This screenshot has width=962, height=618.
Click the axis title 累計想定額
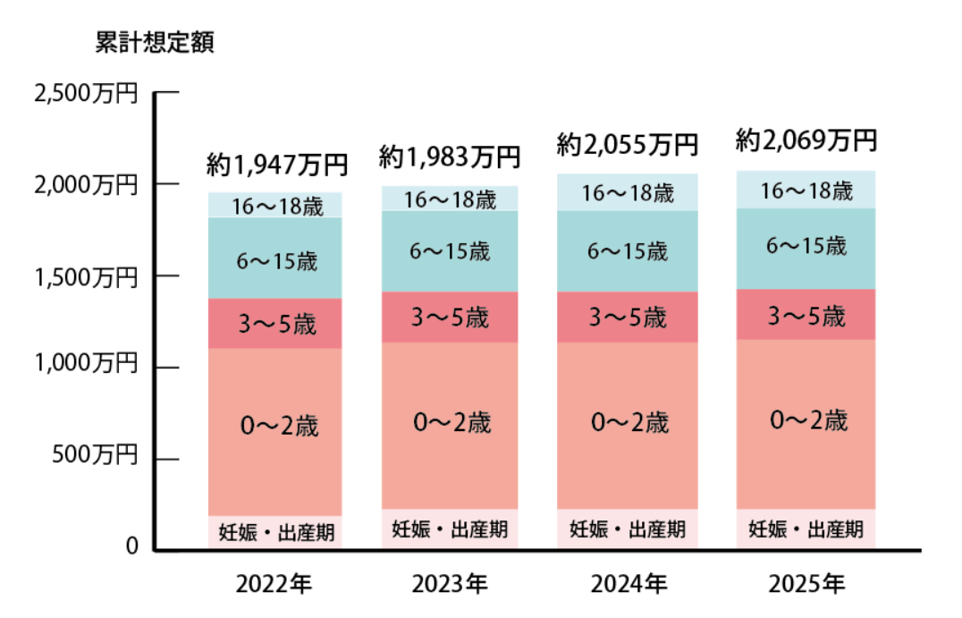(154, 44)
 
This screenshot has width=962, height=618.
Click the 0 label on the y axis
(131, 546)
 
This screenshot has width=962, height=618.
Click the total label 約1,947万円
(275, 164)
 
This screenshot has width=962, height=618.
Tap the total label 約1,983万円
(449, 157)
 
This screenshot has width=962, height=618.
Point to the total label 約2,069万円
(805, 140)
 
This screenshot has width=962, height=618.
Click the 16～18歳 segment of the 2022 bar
(275, 206)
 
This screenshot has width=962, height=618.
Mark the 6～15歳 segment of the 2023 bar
(450, 252)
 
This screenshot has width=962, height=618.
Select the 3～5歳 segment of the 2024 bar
(628, 317)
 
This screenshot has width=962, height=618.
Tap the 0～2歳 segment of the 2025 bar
(806, 420)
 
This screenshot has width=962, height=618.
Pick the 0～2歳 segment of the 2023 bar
(450, 423)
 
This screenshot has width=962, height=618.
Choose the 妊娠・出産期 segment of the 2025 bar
(806, 529)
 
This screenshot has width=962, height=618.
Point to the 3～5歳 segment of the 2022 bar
(275, 324)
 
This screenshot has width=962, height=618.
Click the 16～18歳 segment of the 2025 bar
(806, 190)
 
